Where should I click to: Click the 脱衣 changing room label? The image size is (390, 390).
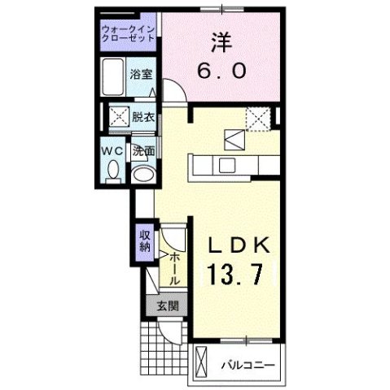[144, 116]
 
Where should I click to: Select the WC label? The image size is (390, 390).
[112, 150]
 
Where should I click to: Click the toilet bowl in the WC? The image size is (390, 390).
[113, 171]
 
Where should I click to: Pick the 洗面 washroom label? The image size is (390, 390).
[144, 150]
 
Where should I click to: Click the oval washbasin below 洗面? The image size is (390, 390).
[143, 172]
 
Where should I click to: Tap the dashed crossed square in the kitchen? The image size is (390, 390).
[259, 119]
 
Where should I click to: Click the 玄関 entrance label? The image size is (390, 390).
[167, 306]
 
